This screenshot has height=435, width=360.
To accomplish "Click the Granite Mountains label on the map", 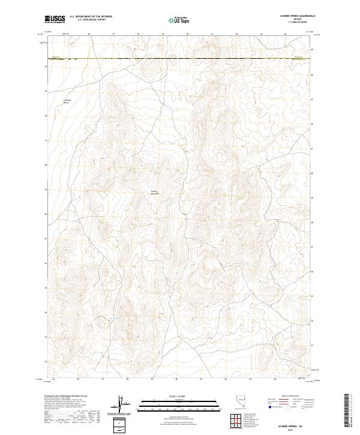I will pyautogui.click(x=155, y=193).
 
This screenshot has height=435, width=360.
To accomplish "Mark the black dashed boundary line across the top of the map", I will pyautogui.click(x=180, y=59).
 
